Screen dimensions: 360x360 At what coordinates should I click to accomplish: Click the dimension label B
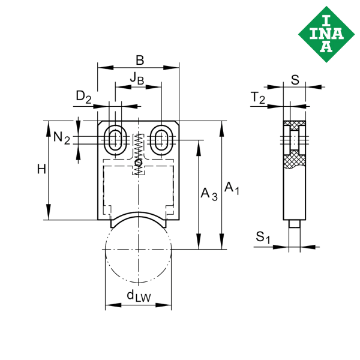[139, 60]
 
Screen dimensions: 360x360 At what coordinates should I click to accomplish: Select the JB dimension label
[137, 80]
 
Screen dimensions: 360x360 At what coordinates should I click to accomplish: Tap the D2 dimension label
[84, 97]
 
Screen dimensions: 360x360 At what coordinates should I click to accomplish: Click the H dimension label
[41, 170]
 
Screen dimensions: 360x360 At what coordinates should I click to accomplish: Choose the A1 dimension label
[232, 188]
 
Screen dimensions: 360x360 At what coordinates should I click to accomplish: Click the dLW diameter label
[138, 295]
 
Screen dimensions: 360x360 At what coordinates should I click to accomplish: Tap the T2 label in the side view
[258, 98]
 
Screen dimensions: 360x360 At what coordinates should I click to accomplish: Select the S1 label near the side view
[263, 238]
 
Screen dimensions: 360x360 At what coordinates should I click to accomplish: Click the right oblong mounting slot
[160, 139]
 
